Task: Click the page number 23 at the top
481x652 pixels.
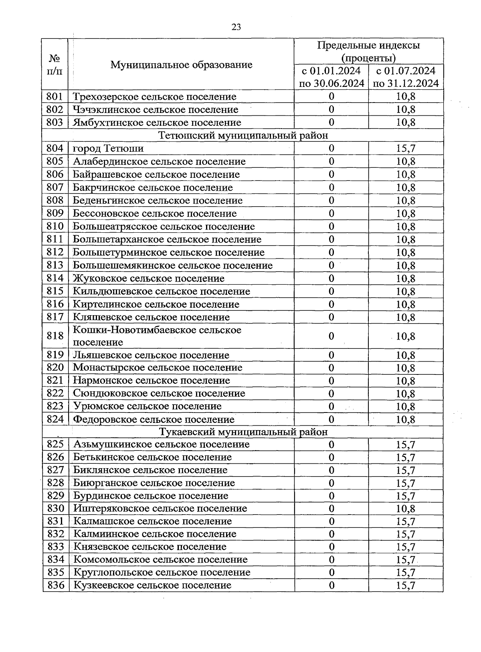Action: coord(236,27)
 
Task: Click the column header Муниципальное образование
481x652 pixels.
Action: coord(181,64)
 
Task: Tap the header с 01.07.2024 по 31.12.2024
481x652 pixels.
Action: coord(406,77)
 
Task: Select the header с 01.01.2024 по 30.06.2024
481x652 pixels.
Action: coord(331,77)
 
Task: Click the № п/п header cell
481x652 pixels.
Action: coord(55,64)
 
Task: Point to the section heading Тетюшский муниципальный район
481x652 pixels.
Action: coord(243,135)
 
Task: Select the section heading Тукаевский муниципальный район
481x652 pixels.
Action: coord(243,432)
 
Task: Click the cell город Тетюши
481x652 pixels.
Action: coord(108,149)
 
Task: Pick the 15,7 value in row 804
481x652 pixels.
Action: coord(406,149)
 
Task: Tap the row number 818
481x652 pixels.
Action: coord(55,336)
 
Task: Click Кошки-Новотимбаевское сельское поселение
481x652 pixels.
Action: coord(157,336)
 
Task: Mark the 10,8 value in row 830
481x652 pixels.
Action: coord(406,509)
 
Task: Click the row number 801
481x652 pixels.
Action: coord(55,97)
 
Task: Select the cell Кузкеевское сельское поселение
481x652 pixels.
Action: coord(152,585)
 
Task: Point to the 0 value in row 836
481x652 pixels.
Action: coord(331,585)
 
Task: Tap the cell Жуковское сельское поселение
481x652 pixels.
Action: coord(148,278)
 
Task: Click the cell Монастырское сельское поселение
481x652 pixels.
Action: coord(158,368)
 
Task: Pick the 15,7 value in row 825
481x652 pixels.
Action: coord(406,445)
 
